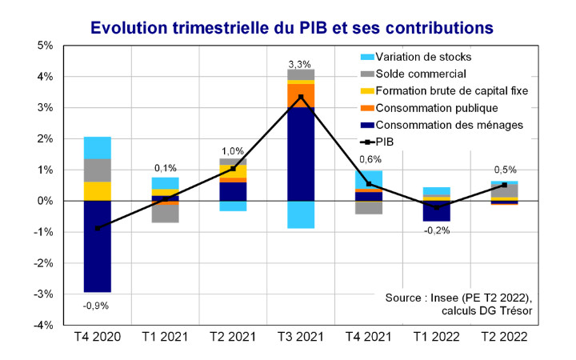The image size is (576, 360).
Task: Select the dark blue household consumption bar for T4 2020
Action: (98, 246)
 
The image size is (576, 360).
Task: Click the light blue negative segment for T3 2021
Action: (302, 214)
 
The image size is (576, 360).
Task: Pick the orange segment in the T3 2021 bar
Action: (302, 95)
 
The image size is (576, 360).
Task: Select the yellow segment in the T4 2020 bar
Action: (98, 191)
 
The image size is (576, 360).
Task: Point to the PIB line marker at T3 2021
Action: (302, 98)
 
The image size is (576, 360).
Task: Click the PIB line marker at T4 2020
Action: (98, 228)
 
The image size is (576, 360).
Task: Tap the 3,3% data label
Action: (302, 62)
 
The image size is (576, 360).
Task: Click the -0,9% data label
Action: (98, 305)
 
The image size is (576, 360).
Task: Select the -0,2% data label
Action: (438, 230)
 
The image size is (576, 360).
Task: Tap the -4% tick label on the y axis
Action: (42, 326)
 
